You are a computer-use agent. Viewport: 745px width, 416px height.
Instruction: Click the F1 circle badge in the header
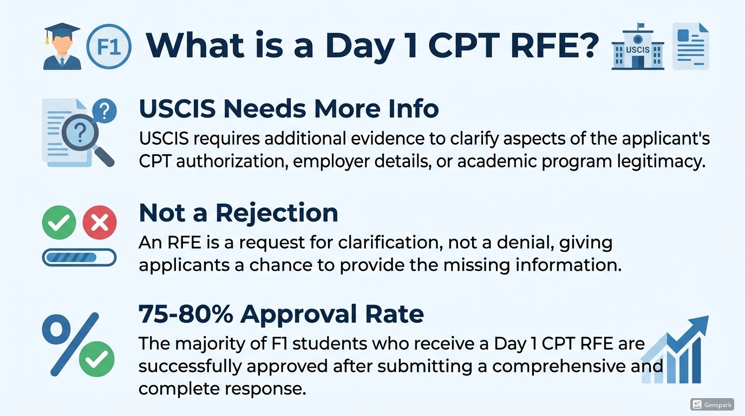109,47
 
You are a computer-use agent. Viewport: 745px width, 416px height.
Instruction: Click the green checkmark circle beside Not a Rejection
59,222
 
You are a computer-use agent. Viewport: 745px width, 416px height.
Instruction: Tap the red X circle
100,222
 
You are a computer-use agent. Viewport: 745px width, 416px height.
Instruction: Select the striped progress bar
79,257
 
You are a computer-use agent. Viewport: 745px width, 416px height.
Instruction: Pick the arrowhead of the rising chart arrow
698,326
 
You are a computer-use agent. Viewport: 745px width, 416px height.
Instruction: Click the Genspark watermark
712,405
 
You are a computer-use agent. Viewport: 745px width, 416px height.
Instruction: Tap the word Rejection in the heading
277,213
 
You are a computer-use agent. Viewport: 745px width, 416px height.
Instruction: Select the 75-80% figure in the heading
186,314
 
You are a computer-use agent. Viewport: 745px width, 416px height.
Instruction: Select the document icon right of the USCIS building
690,46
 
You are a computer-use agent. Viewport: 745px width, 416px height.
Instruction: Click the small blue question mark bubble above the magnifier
104,111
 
